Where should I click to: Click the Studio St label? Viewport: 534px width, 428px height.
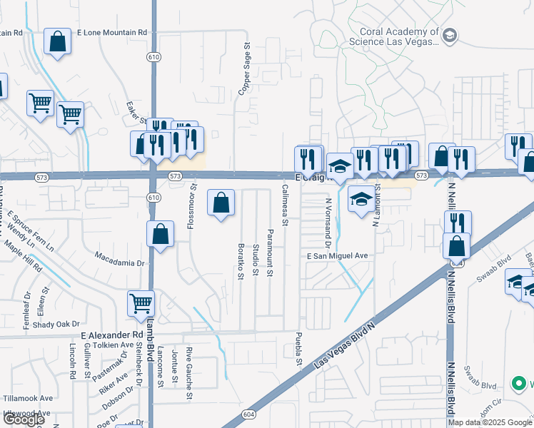[256, 260]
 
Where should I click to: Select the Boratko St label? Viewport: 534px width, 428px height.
[241, 261]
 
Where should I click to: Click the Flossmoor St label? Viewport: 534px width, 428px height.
[191, 208]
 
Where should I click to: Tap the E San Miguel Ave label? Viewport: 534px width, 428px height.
[337, 256]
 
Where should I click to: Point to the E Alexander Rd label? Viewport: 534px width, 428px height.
[112, 335]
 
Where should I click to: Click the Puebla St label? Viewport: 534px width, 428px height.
[299, 350]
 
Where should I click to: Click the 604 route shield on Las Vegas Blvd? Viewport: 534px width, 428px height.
[248, 414]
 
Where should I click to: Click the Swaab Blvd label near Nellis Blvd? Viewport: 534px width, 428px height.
[488, 260]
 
